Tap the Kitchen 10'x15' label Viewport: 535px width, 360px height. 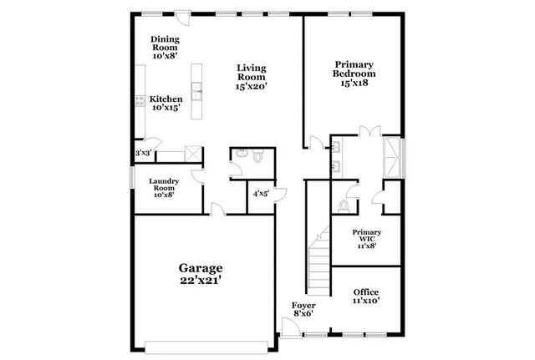coord(166,103)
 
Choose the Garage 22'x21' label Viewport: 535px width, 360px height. coord(200,274)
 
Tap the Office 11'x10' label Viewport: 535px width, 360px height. coord(366,296)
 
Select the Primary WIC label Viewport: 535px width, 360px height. coord(366,239)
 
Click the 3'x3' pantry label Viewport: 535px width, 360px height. coord(144,154)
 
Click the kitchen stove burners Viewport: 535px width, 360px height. coord(139,102)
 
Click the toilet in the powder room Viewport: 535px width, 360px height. coord(257,155)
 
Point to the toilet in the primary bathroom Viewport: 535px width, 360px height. coord(344,205)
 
